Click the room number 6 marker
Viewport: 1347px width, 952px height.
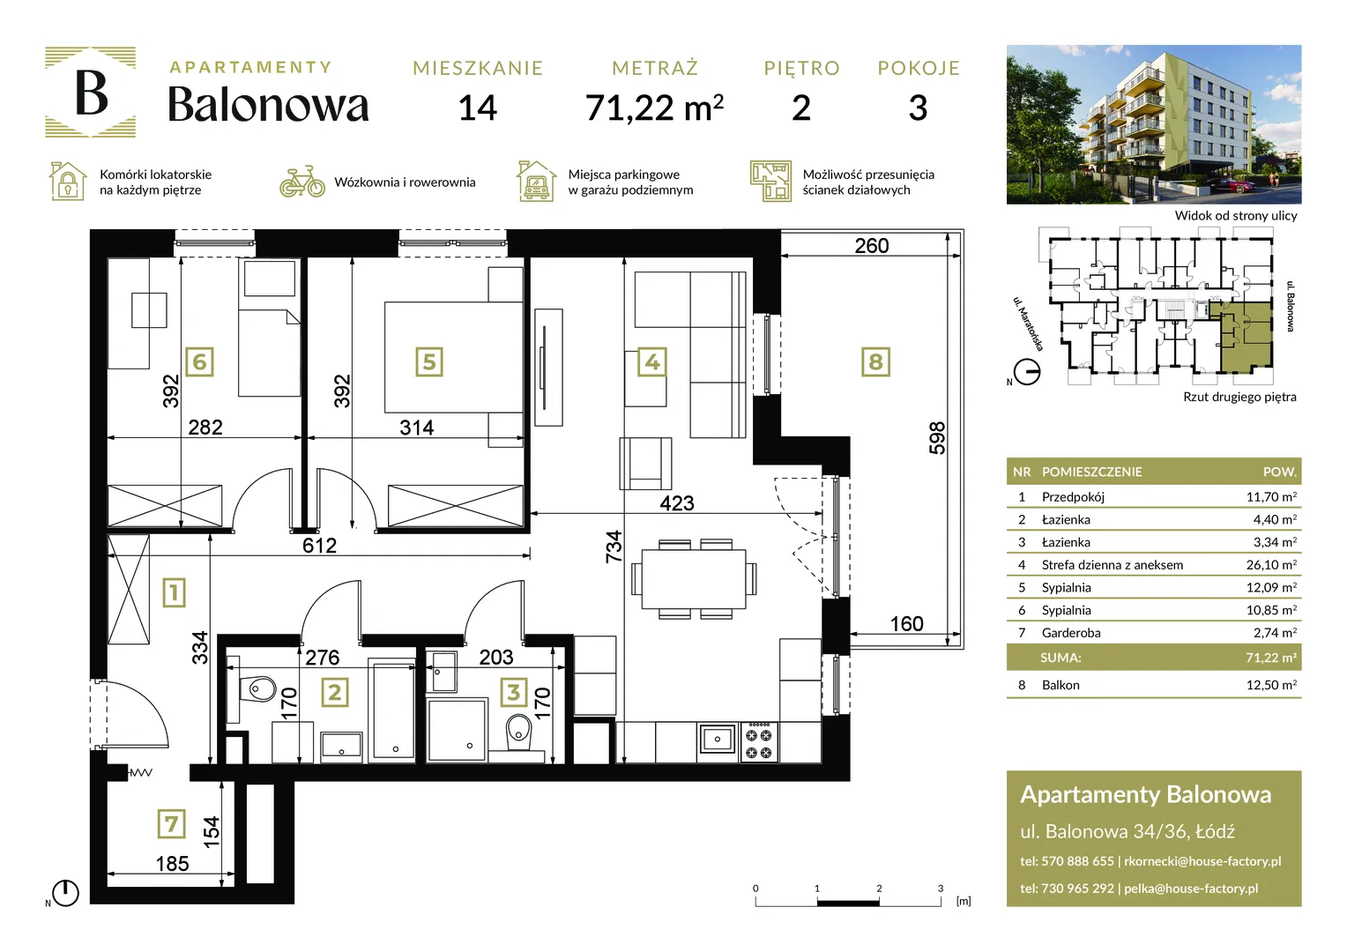pyautogui.click(x=199, y=362)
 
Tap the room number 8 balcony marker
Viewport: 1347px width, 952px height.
pyautogui.click(x=875, y=362)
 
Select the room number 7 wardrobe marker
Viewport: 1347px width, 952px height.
pyautogui.click(x=171, y=824)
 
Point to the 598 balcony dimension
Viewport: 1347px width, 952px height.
pyautogui.click(x=937, y=438)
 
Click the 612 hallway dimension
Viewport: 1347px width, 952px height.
pyautogui.click(x=319, y=546)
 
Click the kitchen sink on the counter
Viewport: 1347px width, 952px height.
pyautogui.click(x=717, y=739)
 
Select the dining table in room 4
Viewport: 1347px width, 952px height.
pyautogui.click(x=694, y=579)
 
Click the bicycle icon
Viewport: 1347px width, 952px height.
pyautogui.click(x=301, y=182)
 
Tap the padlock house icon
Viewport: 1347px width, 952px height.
pyautogui.click(x=67, y=181)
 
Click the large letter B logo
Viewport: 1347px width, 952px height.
pyautogui.click(x=91, y=92)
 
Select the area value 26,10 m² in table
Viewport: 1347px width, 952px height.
pyautogui.click(x=1271, y=565)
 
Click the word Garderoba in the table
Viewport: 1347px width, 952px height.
pyautogui.click(x=1071, y=633)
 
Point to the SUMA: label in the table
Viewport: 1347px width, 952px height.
pyautogui.click(x=1060, y=658)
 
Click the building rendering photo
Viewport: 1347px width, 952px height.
pyautogui.click(x=1154, y=124)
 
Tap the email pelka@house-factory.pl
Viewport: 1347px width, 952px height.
pyautogui.click(x=1191, y=889)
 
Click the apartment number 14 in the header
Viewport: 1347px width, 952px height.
pyautogui.click(x=478, y=108)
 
